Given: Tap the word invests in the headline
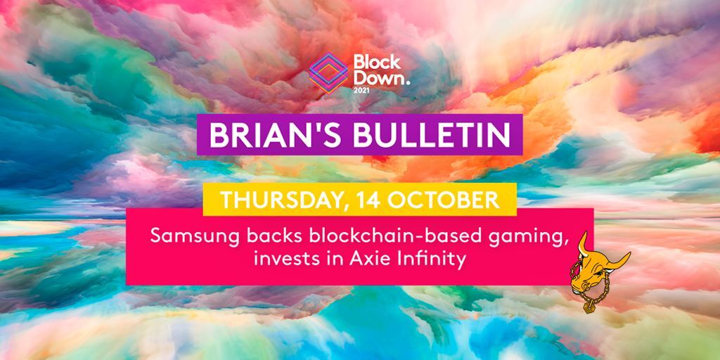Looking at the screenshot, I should (282, 260).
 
